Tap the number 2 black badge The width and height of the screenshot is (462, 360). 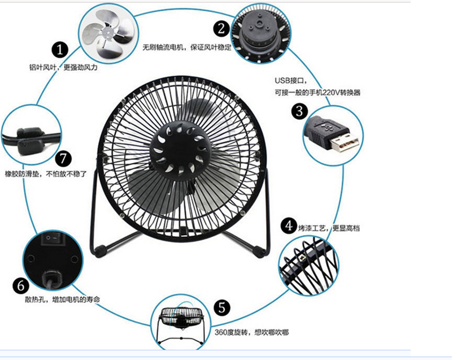(221, 27)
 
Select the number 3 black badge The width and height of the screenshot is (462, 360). (299, 111)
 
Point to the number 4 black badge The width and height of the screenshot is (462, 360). (290, 227)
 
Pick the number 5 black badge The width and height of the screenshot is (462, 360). (223, 308)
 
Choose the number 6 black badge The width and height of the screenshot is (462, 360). (18, 284)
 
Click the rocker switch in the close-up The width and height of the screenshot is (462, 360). (50, 239)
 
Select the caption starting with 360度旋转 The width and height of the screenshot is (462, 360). (251, 333)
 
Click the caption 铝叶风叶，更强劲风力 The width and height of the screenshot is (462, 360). (64, 67)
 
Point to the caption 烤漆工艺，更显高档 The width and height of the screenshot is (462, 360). (330, 228)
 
